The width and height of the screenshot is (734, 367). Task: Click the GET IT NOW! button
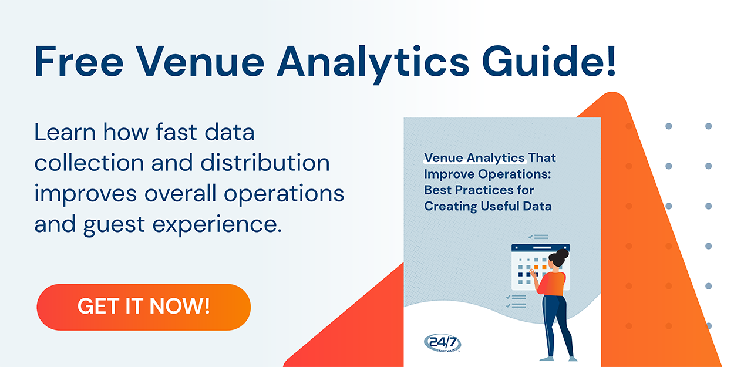coord(143,307)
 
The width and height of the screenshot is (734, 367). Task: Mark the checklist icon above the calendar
coord(538,237)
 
